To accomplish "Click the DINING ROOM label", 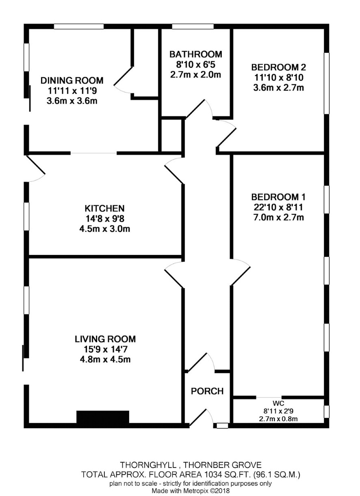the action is (x=72, y=80).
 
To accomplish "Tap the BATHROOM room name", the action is (x=195, y=54).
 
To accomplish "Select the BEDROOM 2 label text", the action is (x=278, y=67).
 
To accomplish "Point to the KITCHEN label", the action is (x=105, y=209).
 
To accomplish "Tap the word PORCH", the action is (x=207, y=391).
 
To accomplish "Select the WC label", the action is (x=278, y=403).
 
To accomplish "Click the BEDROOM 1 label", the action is (x=278, y=197).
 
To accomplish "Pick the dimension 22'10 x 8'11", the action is (x=278, y=207).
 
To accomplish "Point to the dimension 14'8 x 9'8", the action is (x=105, y=219).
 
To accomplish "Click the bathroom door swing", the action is (x=200, y=109).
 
